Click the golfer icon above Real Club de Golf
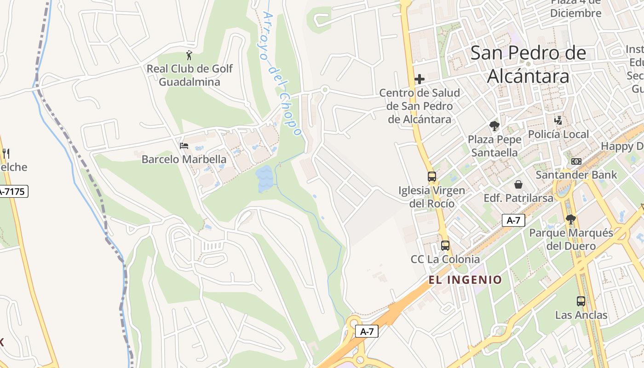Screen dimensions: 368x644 pyautogui.click(x=189, y=56)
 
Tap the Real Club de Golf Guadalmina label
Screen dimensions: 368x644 pyautogui.click(x=190, y=75)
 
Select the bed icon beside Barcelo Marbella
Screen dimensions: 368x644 pyautogui.click(x=184, y=146)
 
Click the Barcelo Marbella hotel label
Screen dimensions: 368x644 pyautogui.click(x=184, y=159)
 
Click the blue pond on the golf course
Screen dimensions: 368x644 pyautogui.click(x=265, y=179)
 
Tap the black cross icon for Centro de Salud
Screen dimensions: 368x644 pyautogui.click(x=419, y=79)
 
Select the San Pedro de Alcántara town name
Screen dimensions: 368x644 pyautogui.click(x=528, y=64)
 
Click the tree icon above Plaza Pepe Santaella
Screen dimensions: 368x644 pyautogui.click(x=494, y=126)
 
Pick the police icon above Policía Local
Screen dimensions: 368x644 pyautogui.click(x=558, y=121)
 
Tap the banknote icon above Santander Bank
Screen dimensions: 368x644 pyautogui.click(x=576, y=161)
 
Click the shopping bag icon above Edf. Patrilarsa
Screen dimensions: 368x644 pyautogui.click(x=518, y=184)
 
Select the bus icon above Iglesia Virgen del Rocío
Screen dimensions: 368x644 pyautogui.click(x=431, y=177)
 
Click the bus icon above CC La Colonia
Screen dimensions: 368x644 pyautogui.click(x=445, y=246)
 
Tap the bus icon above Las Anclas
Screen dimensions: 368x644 pyautogui.click(x=581, y=301)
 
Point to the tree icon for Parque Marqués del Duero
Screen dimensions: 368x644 pyautogui.click(x=571, y=219)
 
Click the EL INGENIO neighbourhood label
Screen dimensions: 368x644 pyautogui.click(x=465, y=280)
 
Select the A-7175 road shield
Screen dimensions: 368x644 pyautogui.click(x=13, y=191)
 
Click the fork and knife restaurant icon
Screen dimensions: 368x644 pyautogui.click(x=6, y=153)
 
